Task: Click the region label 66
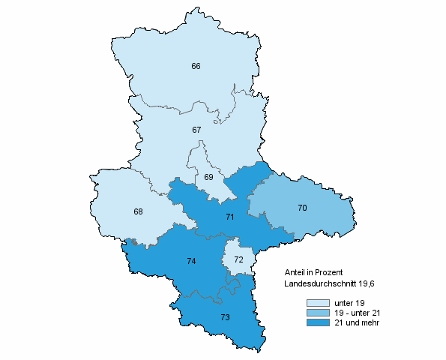(196, 67)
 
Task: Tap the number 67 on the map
(196, 130)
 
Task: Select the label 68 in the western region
(138, 211)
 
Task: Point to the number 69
(209, 178)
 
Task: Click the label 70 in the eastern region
(302, 208)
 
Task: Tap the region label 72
(238, 259)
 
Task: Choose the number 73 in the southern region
(225, 317)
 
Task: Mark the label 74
(191, 261)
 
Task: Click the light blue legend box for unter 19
(318, 303)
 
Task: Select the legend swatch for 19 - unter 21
(318, 313)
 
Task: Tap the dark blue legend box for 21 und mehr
(318, 322)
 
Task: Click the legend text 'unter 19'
(349, 303)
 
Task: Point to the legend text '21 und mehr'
(356, 322)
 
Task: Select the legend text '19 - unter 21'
(358, 313)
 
